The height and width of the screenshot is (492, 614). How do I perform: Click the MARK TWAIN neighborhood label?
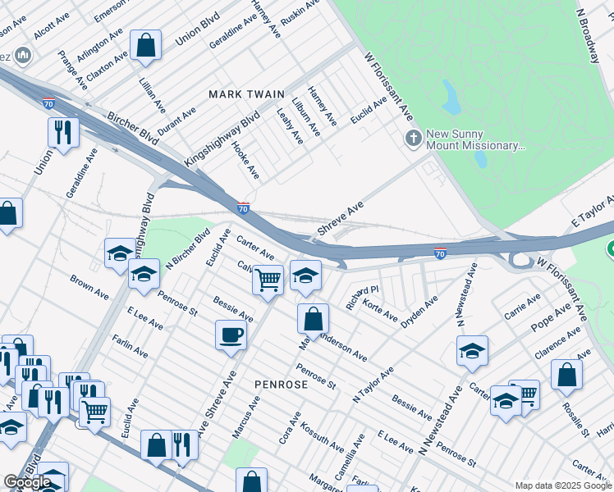pos(245,94)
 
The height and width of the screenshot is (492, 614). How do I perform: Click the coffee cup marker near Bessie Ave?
pos(231,334)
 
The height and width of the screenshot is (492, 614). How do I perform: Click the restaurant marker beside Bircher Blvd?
pos(62,132)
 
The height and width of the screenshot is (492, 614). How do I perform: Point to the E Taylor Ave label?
pos(593,212)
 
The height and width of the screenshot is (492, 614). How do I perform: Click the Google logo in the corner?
pos(28,482)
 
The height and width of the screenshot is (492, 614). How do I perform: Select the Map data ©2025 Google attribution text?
pos(562,485)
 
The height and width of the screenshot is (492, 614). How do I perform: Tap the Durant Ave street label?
pos(176,121)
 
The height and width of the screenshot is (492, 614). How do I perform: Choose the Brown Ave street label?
pos(89,287)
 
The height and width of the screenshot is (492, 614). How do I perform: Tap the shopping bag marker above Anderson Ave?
pos(313,317)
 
